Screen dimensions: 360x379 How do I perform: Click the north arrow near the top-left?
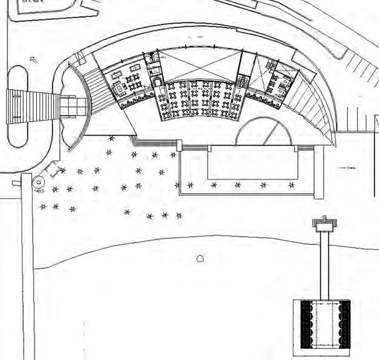point(34,60)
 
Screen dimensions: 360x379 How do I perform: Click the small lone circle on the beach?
point(200,258)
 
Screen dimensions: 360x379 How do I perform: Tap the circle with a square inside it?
point(39,182)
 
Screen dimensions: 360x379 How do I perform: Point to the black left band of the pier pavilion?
point(306,324)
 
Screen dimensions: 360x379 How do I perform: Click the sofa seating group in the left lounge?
point(117,86)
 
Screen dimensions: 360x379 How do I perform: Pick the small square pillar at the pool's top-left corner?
point(179,146)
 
